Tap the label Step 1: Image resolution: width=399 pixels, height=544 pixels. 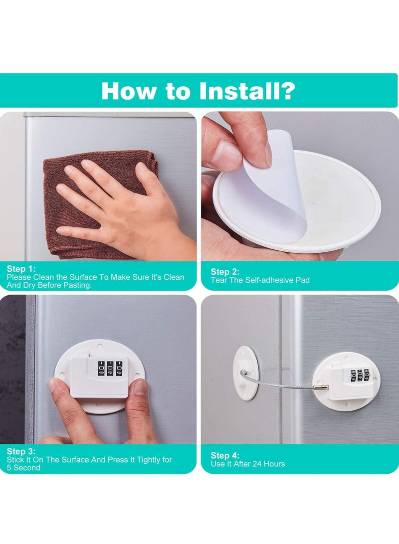(x=21, y=269)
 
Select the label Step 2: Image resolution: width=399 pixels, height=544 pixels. (x=225, y=272)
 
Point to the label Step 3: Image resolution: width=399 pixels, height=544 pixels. (x=21, y=451)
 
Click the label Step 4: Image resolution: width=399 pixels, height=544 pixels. (x=225, y=455)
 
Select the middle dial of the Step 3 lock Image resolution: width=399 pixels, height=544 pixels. (x=110, y=368)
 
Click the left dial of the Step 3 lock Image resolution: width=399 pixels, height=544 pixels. (x=101, y=368)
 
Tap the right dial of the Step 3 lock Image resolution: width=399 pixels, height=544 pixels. (x=120, y=368)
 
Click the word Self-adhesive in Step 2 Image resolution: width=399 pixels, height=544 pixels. (x=267, y=280)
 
